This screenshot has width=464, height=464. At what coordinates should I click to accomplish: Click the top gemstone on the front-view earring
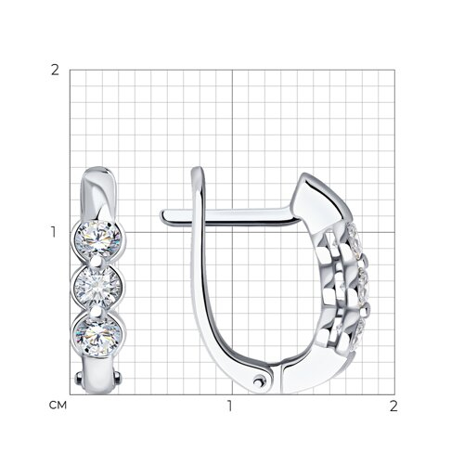[x=98, y=239]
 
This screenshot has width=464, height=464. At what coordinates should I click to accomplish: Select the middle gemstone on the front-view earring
[x=97, y=287]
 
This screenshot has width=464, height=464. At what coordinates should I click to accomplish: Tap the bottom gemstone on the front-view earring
[x=98, y=336]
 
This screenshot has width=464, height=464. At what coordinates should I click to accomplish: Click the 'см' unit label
[x=58, y=406]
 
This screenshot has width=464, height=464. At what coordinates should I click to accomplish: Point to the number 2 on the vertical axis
[x=55, y=71]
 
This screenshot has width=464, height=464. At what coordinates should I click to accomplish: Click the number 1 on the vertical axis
[x=54, y=232]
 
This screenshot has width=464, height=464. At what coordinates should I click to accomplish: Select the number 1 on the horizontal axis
[x=229, y=406]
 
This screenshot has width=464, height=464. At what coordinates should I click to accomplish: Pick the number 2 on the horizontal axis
[x=393, y=406]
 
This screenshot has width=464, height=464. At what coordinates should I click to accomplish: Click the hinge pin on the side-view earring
[x=258, y=381]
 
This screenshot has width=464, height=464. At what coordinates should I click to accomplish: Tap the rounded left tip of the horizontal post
[x=162, y=216]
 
